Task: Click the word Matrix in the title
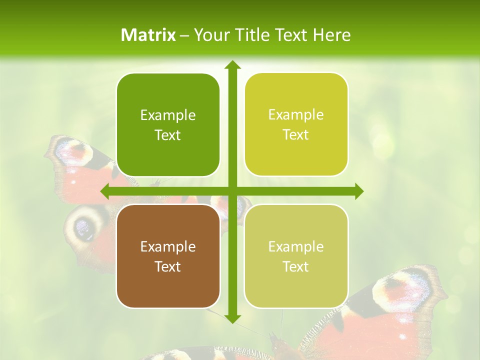click(x=148, y=35)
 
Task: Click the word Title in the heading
click(x=253, y=35)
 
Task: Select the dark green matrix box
click(x=168, y=125)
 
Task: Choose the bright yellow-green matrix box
click(x=296, y=124)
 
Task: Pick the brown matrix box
click(x=168, y=256)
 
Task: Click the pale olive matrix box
click(x=296, y=256)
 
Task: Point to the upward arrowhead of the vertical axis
click(x=232, y=65)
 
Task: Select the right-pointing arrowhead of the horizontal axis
click(x=358, y=191)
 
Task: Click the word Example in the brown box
click(x=168, y=247)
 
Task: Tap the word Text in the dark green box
click(x=168, y=135)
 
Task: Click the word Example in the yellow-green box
click(x=296, y=115)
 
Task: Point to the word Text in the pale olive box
click(x=296, y=266)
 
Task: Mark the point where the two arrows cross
click(x=232, y=191)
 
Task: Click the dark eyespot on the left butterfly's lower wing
click(x=83, y=227)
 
